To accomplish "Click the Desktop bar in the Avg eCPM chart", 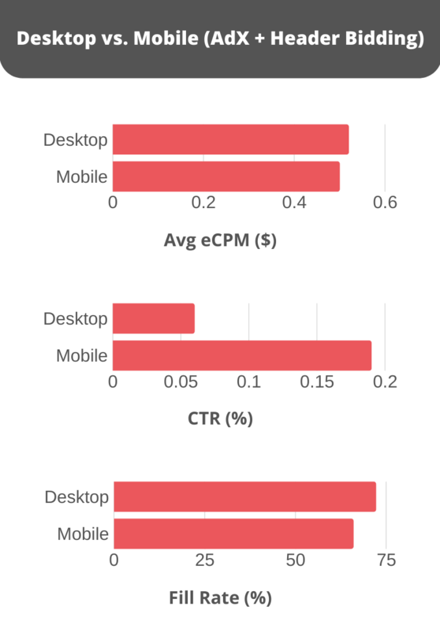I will click(230, 139).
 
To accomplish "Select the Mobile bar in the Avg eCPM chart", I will click(226, 177).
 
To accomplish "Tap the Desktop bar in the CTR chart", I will click(154, 318).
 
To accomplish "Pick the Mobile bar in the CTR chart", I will click(242, 355).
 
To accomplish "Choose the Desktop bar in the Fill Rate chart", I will click(244, 497).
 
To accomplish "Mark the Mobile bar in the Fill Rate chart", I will click(233, 534).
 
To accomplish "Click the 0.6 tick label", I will click(385, 203).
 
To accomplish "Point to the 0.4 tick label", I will click(294, 203).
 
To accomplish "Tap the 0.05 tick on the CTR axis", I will click(181, 382).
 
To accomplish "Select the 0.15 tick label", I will click(317, 382).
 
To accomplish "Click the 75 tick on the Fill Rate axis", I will click(386, 560).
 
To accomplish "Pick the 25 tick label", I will click(205, 560).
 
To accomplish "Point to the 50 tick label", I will click(296, 560).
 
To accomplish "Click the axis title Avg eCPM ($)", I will click(220, 240).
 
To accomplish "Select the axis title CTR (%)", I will click(220, 418).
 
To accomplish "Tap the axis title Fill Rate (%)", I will click(220, 597).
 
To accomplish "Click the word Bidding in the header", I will click(383, 39).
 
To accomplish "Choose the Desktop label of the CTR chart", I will click(76, 318).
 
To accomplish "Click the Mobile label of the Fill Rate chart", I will click(83, 534).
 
